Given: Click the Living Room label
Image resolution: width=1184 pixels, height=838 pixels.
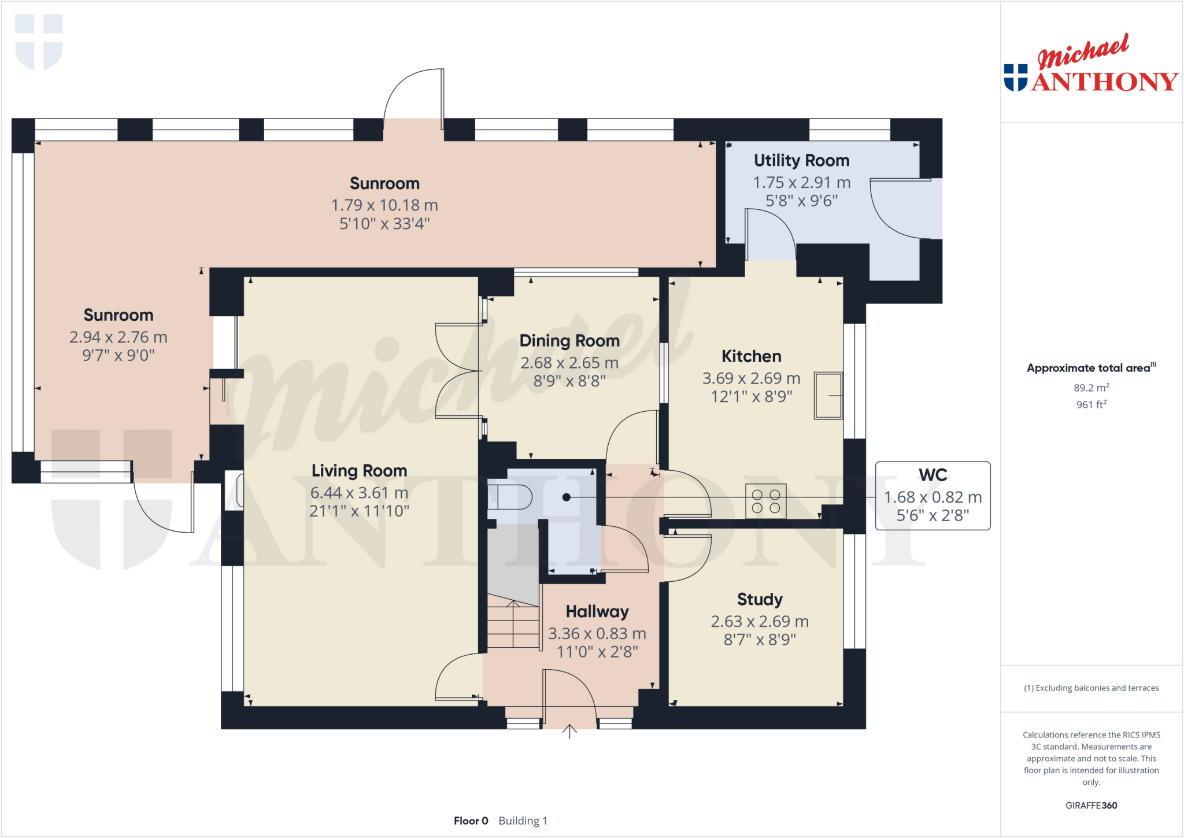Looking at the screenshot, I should (359, 471).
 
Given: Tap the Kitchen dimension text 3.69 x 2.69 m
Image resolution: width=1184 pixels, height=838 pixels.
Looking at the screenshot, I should (751, 378).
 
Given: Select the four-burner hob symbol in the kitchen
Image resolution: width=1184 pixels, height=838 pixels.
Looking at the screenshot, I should (765, 501).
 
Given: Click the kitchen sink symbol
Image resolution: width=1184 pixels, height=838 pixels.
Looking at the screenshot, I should (828, 396).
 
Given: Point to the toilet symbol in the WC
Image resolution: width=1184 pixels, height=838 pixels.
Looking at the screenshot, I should (509, 497).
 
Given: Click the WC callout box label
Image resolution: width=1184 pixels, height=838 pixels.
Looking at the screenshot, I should (933, 475).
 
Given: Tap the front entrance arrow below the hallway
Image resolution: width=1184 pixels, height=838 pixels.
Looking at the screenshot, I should (569, 732).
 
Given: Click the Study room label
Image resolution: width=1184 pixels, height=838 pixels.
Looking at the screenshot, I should (760, 600).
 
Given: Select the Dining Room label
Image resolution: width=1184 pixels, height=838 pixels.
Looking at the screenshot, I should (569, 341).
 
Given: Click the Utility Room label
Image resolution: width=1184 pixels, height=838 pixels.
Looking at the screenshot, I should (801, 160).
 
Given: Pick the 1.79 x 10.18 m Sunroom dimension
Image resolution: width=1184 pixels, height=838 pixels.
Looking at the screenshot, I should (384, 205).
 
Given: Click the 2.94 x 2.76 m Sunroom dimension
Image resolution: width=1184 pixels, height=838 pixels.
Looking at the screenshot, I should (119, 337).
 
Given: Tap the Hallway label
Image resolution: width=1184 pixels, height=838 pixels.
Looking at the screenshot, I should (597, 611).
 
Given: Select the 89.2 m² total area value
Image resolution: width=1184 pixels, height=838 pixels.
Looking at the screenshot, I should (1091, 387).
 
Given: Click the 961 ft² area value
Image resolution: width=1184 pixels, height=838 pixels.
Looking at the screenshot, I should (1091, 405).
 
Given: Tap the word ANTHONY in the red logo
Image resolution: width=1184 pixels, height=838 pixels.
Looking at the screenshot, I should (1104, 82).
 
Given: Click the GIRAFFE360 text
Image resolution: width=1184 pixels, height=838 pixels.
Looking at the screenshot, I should (1091, 805).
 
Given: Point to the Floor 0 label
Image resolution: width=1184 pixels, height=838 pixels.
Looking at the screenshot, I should (471, 821).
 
